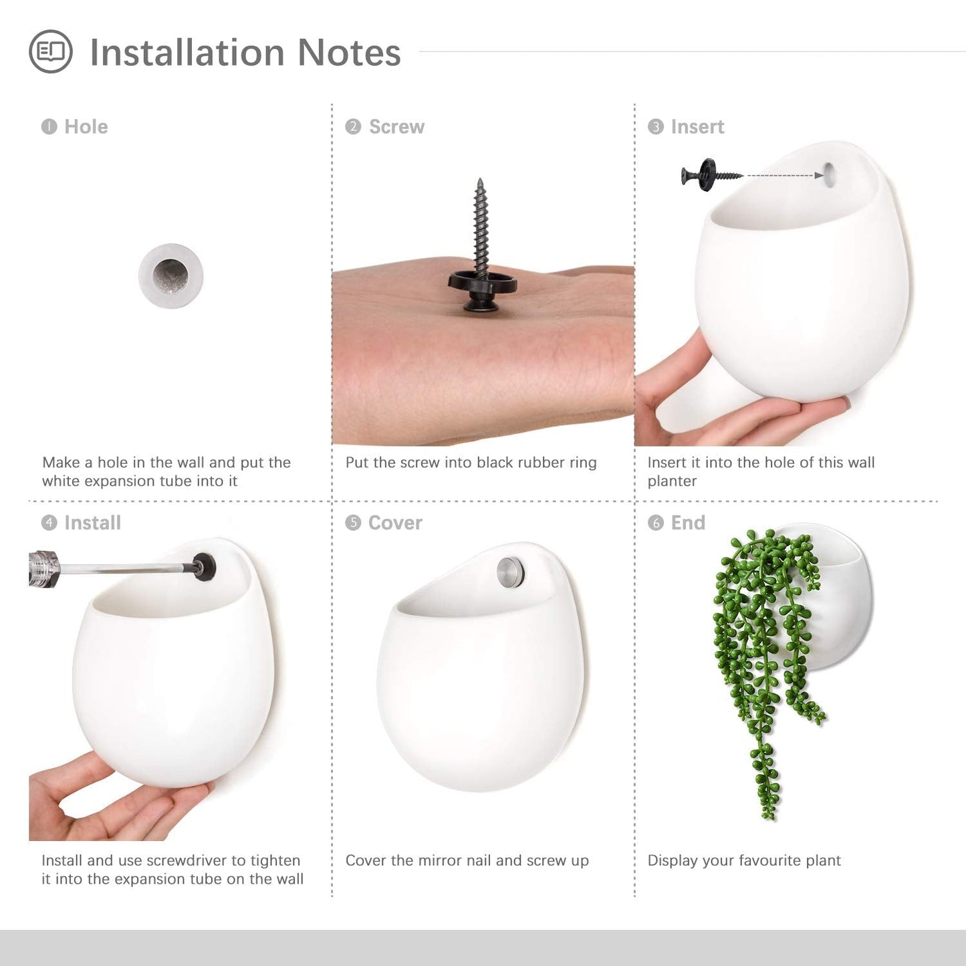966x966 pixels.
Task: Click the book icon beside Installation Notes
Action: pyautogui.click(x=51, y=51)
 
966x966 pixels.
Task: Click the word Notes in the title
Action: pyautogui.click(x=349, y=52)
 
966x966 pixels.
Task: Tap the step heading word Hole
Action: pyautogui.click(x=86, y=127)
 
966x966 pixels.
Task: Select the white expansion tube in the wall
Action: pyautogui.click(x=171, y=276)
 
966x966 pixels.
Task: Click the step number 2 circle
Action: pyautogui.click(x=353, y=127)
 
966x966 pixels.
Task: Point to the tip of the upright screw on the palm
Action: pyautogui.click(x=480, y=179)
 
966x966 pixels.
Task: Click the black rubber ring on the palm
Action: pyautogui.click(x=482, y=281)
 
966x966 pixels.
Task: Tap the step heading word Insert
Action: pyautogui.click(x=697, y=127)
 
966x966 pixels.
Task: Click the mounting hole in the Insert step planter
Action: pyautogui.click(x=830, y=175)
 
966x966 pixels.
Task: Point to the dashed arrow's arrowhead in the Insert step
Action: pyautogui.click(x=819, y=175)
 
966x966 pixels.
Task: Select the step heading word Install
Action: pyautogui.click(x=93, y=523)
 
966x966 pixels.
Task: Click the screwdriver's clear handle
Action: pyautogui.click(x=44, y=569)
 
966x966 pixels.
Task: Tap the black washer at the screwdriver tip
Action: pyautogui.click(x=205, y=567)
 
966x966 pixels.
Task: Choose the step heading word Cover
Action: pyautogui.click(x=395, y=523)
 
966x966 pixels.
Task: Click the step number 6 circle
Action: pyautogui.click(x=656, y=523)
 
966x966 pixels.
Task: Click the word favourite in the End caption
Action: pyautogui.click(x=771, y=860)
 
